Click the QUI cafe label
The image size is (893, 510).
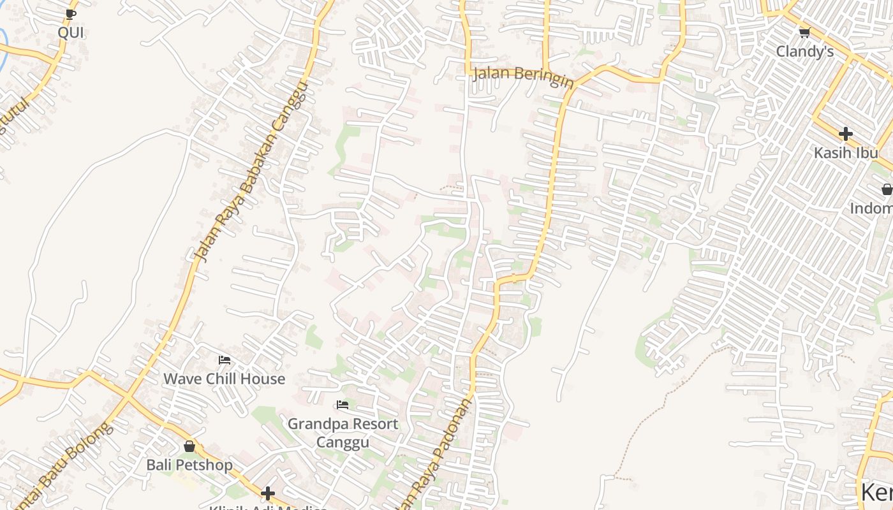point(70,32)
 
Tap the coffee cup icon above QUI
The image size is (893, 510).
point(70,14)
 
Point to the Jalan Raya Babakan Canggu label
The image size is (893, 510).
point(252,172)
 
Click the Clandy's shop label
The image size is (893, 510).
point(804,52)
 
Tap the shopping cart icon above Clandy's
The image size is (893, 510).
point(804,33)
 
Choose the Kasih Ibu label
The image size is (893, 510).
point(846,153)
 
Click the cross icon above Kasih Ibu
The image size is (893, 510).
point(846,134)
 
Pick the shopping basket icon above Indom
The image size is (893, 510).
point(887,189)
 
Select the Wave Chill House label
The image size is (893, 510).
point(224,379)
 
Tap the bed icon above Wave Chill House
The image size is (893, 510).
point(224,360)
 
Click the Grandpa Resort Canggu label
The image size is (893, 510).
point(343,433)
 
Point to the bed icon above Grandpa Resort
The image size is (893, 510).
point(343,404)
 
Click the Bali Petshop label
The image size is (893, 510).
point(189,465)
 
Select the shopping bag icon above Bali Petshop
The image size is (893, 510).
point(189,446)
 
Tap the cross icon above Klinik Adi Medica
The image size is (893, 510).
point(268,493)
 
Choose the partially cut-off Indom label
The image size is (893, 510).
point(871,208)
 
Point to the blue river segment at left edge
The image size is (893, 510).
point(3,48)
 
